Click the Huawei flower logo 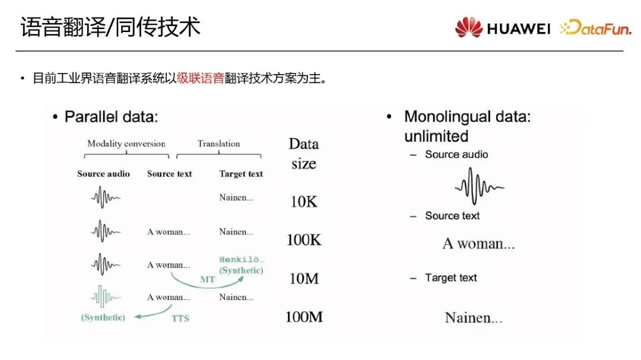[x=468, y=27]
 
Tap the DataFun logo [x=596, y=28]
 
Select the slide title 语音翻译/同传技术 [x=110, y=27]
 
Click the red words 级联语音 [x=201, y=78]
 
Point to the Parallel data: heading [x=112, y=117]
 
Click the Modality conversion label [x=126, y=144]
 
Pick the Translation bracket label [x=219, y=144]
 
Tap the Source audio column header [x=103, y=174]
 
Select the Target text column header [x=241, y=174]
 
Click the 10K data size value [x=304, y=202]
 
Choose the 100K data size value [x=304, y=240]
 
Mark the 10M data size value [x=304, y=278]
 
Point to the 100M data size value [x=304, y=317]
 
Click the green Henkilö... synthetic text [x=242, y=265]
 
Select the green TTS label [x=180, y=318]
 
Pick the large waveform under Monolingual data [x=479, y=187]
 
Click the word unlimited [x=436, y=136]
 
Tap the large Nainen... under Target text [x=474, y=318]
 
